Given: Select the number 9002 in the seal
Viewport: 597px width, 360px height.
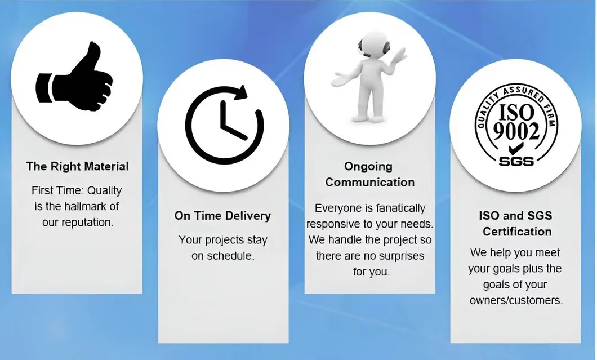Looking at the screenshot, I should pyautogui.click(x=516, y=131).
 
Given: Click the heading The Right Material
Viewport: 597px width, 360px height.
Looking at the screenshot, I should pyautogui.click(x=77, y=166).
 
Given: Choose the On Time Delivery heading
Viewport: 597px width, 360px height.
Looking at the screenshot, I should pyautogui.click(x=222, y=216).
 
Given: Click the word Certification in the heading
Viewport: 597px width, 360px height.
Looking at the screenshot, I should pyautogui.click(x=516, y=232).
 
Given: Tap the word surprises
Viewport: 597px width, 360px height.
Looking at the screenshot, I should pyautogui.click(x=399, y=256).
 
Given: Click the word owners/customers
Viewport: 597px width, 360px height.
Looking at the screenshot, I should pyautogui.click(x=516, y=300).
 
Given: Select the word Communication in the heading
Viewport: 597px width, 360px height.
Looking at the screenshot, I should pyautogui.click(x=369, y=182).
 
